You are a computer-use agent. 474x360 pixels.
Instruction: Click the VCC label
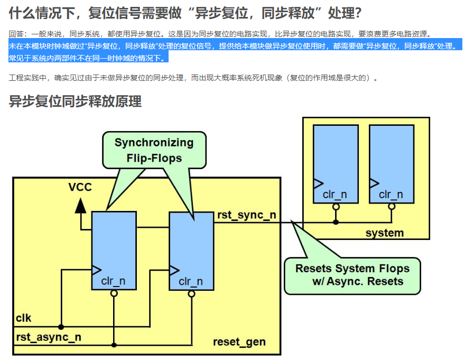[x=80, y=187]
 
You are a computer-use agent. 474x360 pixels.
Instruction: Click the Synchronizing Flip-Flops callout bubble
[x=154, y=150]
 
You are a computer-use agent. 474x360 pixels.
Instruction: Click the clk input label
[x=24, y=318]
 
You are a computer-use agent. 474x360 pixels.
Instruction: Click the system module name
[x=384, y=233]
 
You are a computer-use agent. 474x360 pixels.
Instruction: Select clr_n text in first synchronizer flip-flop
[x=114, y=281]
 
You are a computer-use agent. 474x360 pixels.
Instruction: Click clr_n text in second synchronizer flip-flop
[x=191, y=282]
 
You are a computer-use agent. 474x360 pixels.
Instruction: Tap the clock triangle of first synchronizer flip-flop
[x=96, y=270]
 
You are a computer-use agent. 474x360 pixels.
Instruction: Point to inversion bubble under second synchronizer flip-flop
[x=191, y=294]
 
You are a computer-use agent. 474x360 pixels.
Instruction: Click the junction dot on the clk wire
[x=61, y=327]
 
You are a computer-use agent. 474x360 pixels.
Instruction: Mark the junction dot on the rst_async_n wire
[x=114, y=345]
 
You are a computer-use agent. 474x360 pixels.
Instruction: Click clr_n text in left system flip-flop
[x=335, y=195]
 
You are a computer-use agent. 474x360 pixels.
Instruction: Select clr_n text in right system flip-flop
[x=391, y=195]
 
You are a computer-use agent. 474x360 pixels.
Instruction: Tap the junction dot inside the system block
[x=336, y=222]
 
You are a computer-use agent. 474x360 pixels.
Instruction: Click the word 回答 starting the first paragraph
[x=16, y=34]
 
